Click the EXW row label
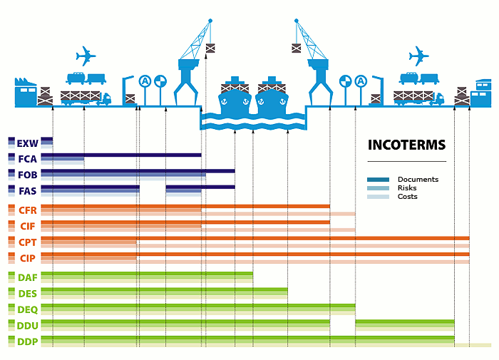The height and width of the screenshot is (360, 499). click(x=28, y=143)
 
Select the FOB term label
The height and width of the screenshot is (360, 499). click(x=28, y=174)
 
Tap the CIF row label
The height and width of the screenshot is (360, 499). click(x=28, y=226)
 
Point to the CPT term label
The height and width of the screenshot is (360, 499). click(x=28, y=242)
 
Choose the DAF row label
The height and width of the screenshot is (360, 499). click(x=28, y=277)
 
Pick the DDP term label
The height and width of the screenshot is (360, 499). click(x=26, y=341)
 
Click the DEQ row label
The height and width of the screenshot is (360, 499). click(x=28, y=309)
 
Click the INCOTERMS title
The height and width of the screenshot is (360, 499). click(x=406, y=145)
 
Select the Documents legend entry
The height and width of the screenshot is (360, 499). click(x=418, y=180)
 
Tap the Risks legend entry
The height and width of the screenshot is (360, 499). click(x=408, y=188)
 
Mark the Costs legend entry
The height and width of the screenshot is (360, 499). click(x=408, y=197)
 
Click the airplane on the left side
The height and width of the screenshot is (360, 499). click(x=86, y=55)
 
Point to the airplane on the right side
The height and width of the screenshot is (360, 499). click(x=419, y=55)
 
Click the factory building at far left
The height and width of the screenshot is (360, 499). click(x=25, y=93)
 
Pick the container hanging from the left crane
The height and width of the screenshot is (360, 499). click(x=210, y=48)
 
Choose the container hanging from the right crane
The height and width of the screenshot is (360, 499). click(x=297, y=48)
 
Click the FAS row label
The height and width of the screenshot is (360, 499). click(x=28, y=190)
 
